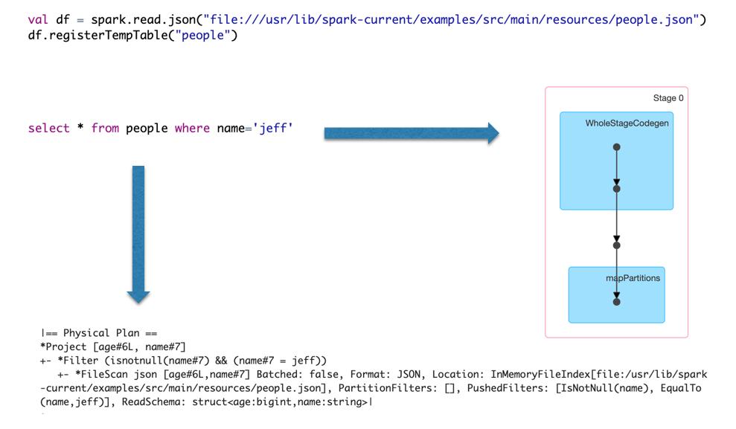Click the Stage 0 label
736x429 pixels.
tap(668, 98)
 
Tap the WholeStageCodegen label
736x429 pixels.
tap(627, 123)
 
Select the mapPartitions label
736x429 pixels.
tap(633, 278)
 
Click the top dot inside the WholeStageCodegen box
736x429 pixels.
tap(616, 147)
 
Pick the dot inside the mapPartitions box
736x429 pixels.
tap(616, 301)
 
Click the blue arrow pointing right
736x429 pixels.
tap(412, 134)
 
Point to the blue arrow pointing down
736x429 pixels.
tap(138, 233)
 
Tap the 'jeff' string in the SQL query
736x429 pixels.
tap(273, 129)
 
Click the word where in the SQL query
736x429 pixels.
tap(192, 129)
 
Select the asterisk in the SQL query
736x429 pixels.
tap(79, 129)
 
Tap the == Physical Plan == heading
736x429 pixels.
tap(100, 333)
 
